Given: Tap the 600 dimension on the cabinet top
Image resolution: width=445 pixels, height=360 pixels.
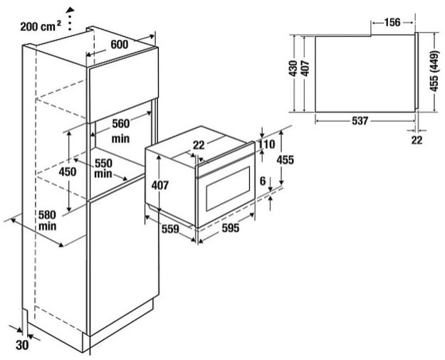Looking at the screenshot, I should (x=120, y=44).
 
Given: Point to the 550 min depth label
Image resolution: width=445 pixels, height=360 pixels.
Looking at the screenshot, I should (x=104, y=168).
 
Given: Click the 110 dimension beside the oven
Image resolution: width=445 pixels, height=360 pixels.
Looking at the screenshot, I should (x=266, y=144).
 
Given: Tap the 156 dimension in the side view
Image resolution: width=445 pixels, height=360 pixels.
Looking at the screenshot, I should (x=392, y=22).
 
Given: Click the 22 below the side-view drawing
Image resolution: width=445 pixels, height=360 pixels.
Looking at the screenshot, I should (x=417, y=139).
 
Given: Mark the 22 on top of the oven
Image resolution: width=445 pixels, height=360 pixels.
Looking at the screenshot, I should (x=199, y=145).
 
